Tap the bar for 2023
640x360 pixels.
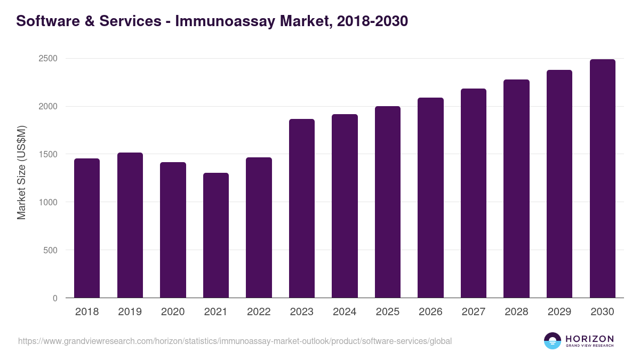[x=302, y=209]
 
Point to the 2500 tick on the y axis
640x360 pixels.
[x=47, y=59]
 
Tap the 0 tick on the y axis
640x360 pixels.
[x=55, y=298]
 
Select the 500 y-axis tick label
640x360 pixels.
[x=50, y=250]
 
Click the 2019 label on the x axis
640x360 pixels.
[x=130, y=312]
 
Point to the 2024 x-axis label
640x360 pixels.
[x=345, y=312]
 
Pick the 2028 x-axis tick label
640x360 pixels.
[x=516, y=312]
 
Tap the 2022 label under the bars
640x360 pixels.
[x=259, y=312]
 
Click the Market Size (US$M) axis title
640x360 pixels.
[x=21, y=172]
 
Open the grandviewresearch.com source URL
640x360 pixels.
[x=235, y=341]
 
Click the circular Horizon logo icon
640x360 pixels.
[x=553, y=341]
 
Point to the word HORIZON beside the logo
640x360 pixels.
[x=589, y=338]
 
